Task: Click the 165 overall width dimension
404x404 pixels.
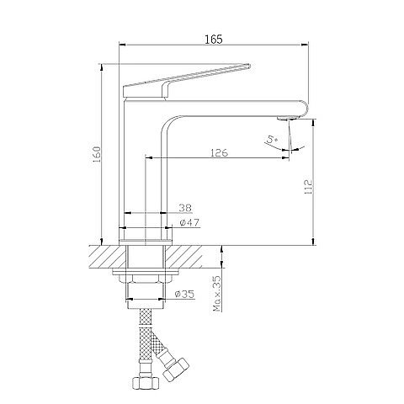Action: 213,40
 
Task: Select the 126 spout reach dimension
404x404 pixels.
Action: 219,153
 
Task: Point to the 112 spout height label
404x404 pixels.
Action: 308,187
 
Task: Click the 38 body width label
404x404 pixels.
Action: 185,208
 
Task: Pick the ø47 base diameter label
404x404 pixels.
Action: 189,222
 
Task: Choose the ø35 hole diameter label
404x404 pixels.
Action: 184,295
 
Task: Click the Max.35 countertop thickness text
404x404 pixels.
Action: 217,294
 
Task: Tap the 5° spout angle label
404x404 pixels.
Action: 272,140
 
